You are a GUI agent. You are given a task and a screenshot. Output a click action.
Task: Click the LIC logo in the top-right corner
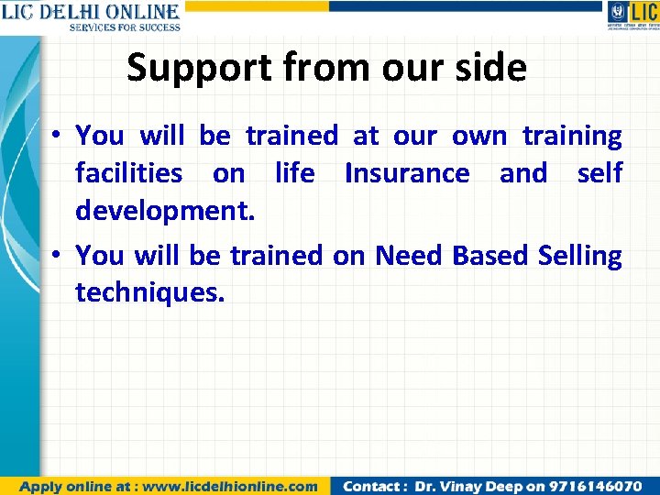(x=632, y=16)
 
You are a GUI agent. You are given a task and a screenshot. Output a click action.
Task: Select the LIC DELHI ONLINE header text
(x=90, y=11)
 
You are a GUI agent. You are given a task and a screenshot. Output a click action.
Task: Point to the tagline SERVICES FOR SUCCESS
(x=125, y=27)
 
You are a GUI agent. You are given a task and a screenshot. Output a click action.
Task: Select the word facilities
(x=128, y=173)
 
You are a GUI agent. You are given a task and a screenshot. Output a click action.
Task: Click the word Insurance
(x=407, y=173)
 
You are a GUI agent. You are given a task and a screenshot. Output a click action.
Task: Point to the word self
(x=599, y=173)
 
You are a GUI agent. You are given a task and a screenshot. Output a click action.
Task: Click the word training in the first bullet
(x=571, y=137)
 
